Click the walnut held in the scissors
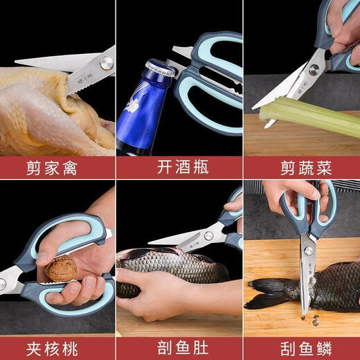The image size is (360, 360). coord(61,268)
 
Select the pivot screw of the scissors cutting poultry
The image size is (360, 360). coord(106,64)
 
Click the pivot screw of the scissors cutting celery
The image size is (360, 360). coord(314,69)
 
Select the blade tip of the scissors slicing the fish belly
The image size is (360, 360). coord(151,242)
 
